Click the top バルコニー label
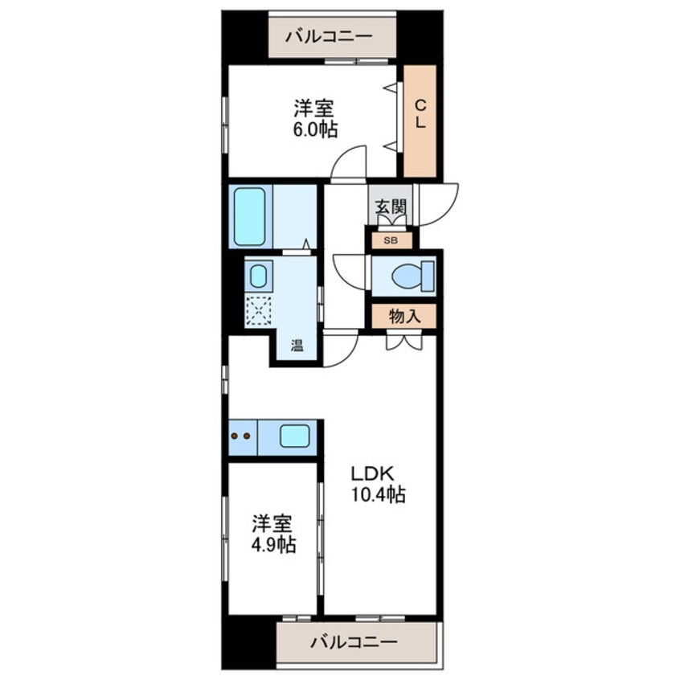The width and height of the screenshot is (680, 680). click(332, 36)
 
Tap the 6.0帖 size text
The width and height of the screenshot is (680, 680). click(315, 129)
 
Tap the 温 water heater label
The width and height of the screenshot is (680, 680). click(297, 348)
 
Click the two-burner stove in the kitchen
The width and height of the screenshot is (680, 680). click(241, 437)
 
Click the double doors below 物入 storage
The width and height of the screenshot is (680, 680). click(402, 341)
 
